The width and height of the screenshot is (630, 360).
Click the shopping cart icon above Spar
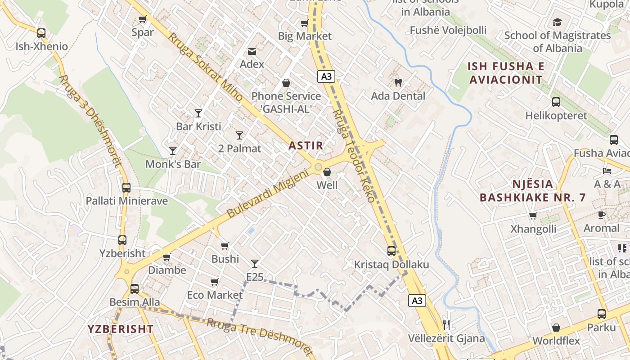tap(143, 19)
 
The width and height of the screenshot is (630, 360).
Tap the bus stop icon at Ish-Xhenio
tap(41, 33)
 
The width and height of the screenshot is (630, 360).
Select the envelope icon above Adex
tap(252, 51)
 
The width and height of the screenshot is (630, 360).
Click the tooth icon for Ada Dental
tap(398, 82)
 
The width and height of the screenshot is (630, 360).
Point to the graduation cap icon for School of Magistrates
tap(557, 22)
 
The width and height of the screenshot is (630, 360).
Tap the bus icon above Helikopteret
tap(556, 102)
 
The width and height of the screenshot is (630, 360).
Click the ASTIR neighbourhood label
tap(306, 146)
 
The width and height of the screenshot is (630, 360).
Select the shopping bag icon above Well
tap(327, 172)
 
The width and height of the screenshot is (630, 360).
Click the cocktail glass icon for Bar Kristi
tap(198, 113)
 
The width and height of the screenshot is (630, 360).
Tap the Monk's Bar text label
tap(173, 164)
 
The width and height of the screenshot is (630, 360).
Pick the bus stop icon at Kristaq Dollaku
tap(391, 251)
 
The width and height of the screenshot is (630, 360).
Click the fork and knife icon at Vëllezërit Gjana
tap(446, 324)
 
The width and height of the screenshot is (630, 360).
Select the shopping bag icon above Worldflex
tap(556, 328)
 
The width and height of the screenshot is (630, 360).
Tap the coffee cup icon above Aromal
tap(601, 215)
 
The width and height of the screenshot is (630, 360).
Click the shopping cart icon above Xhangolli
tap(533, 216)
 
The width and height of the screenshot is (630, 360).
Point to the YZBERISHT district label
tap(121, 329)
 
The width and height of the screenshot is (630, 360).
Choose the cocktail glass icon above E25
tap(255, 263)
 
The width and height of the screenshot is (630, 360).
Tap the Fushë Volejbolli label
tap(448, 30)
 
